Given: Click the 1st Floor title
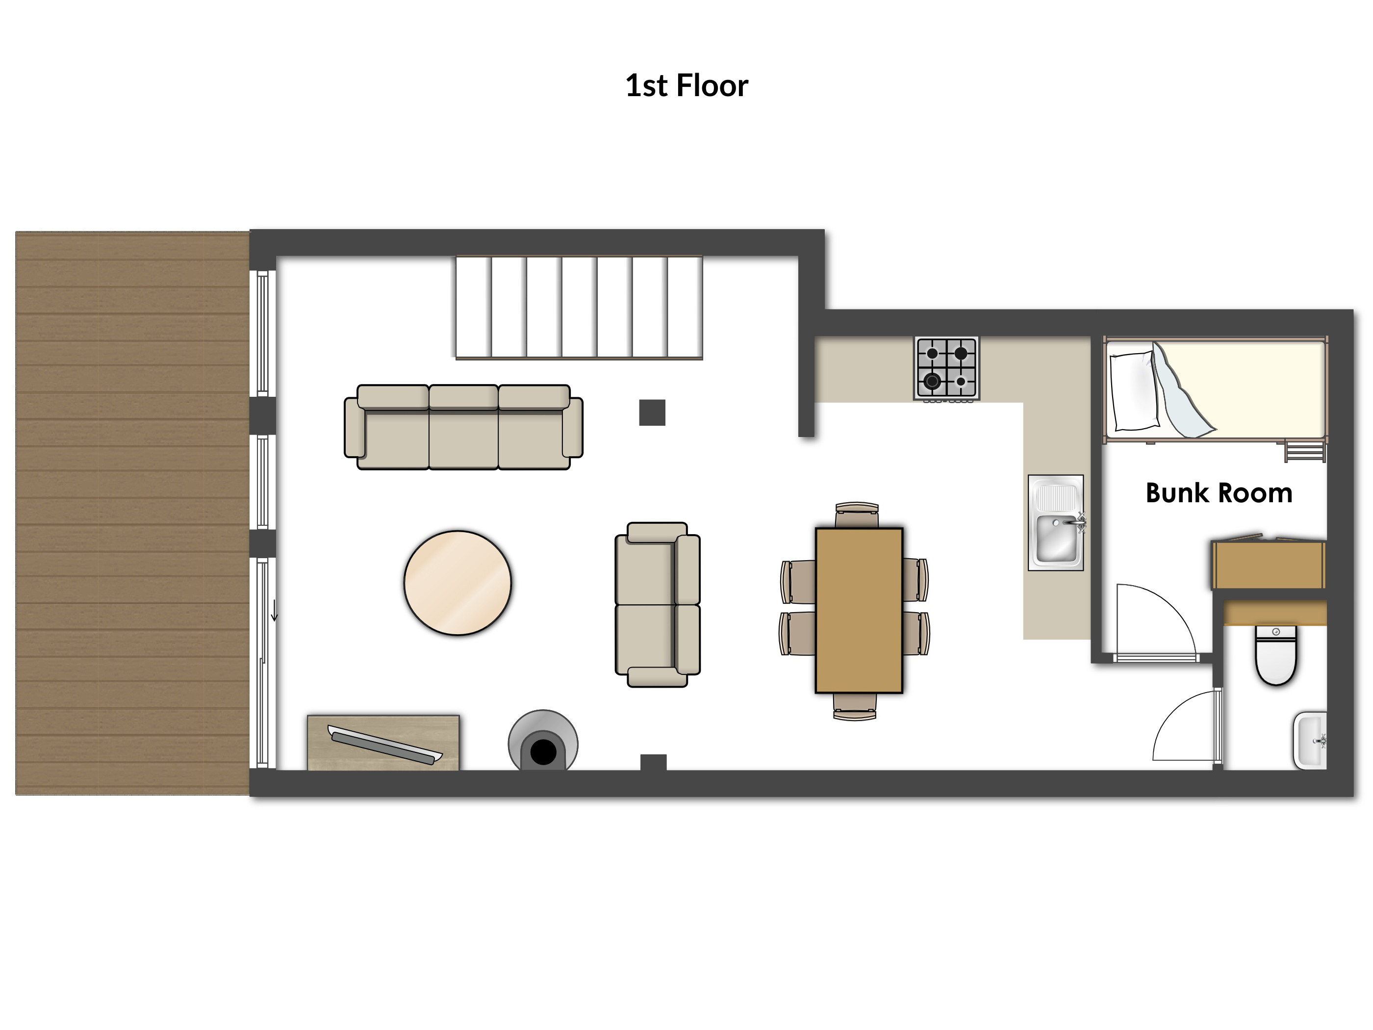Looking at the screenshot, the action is pyautogui.click(x=686, y=86).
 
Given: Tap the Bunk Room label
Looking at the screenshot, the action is pyautogui.click(x=1219, y=493).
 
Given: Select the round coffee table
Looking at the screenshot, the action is pyautogui.click(x=458, y=583).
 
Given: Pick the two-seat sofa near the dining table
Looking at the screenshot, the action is pyautogui.click(x=658, y=605).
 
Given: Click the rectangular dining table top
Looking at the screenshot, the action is pyautogui.click(x=859, y=610).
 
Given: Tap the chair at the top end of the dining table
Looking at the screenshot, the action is pyautogui.click(x=857, y=515).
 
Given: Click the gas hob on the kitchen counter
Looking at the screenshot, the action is pyautogui.click(x=946, y=369).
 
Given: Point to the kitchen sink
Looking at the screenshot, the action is pyautogui.click(x=1056, y=523).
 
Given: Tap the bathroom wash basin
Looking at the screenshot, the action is pyautogui.click(x=1310, y=741).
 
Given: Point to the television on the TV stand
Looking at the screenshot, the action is pyautogui.click(x=385, y=744).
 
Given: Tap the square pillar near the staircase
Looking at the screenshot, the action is pyautogui.click(x=652, y=413).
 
